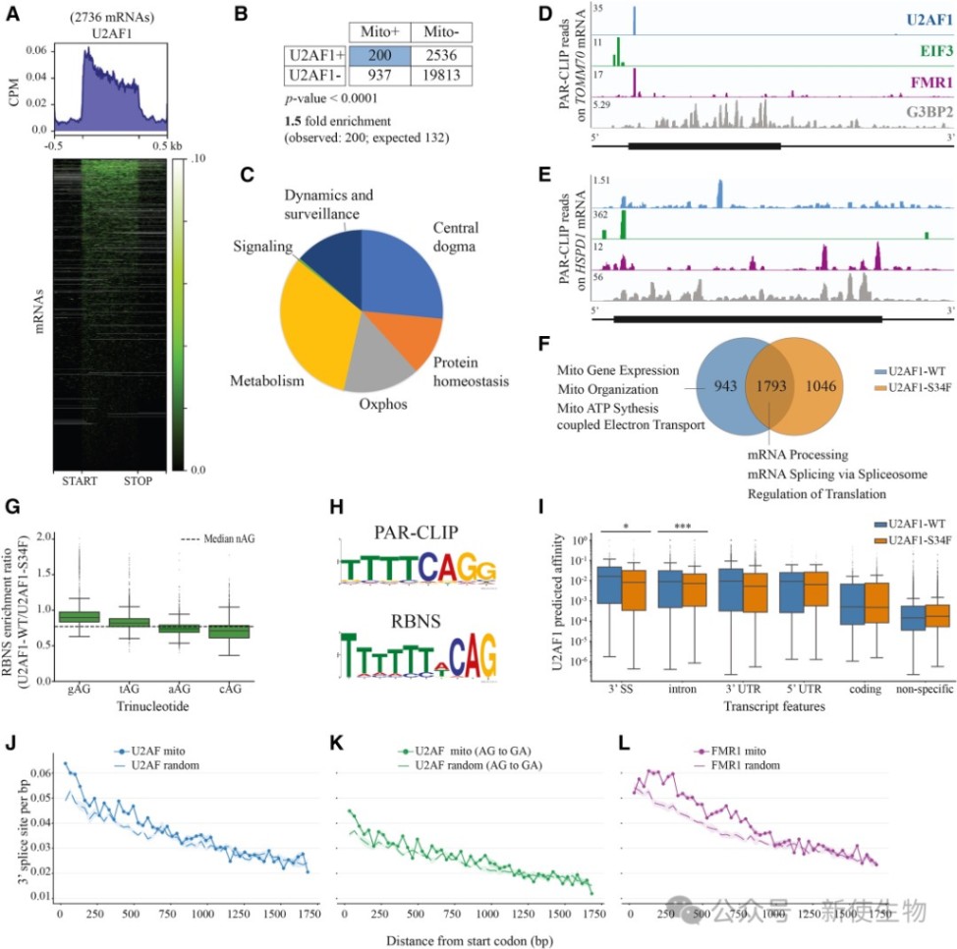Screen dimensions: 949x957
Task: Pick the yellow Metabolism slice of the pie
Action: tap(314, 314)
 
